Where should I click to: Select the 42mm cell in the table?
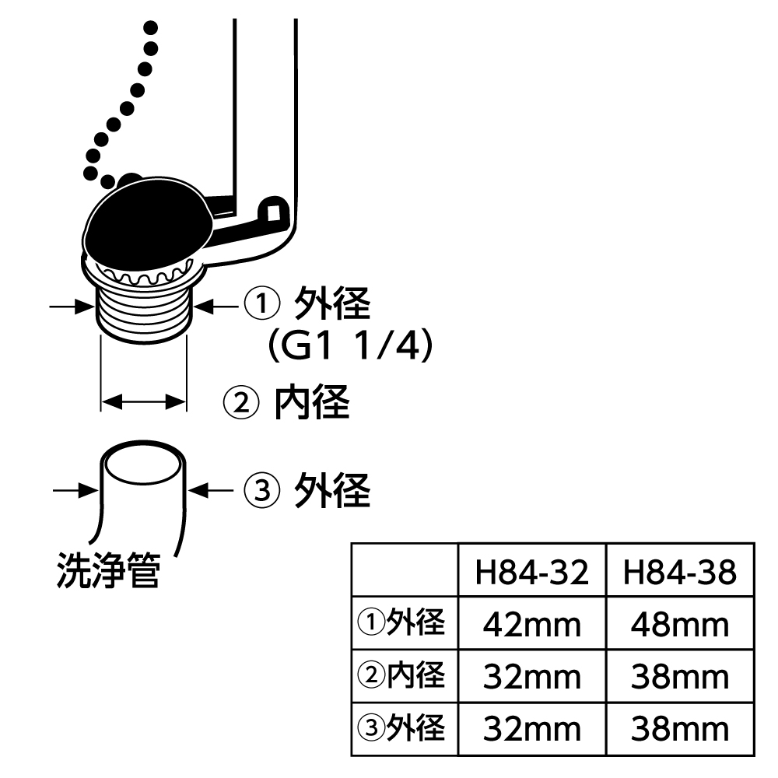532,625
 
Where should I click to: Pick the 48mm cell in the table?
679,625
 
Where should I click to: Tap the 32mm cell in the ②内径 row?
532,677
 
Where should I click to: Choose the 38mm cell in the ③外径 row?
679,729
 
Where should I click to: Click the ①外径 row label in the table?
402,624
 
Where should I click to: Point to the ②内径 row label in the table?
402,676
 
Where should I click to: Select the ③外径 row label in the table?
402,728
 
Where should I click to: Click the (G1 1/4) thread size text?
349,347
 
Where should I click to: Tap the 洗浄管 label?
108,573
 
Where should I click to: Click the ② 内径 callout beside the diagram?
287,402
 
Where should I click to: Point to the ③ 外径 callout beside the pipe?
307,490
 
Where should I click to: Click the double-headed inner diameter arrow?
144,401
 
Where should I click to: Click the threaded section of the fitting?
144,310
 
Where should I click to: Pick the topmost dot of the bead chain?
151,29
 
